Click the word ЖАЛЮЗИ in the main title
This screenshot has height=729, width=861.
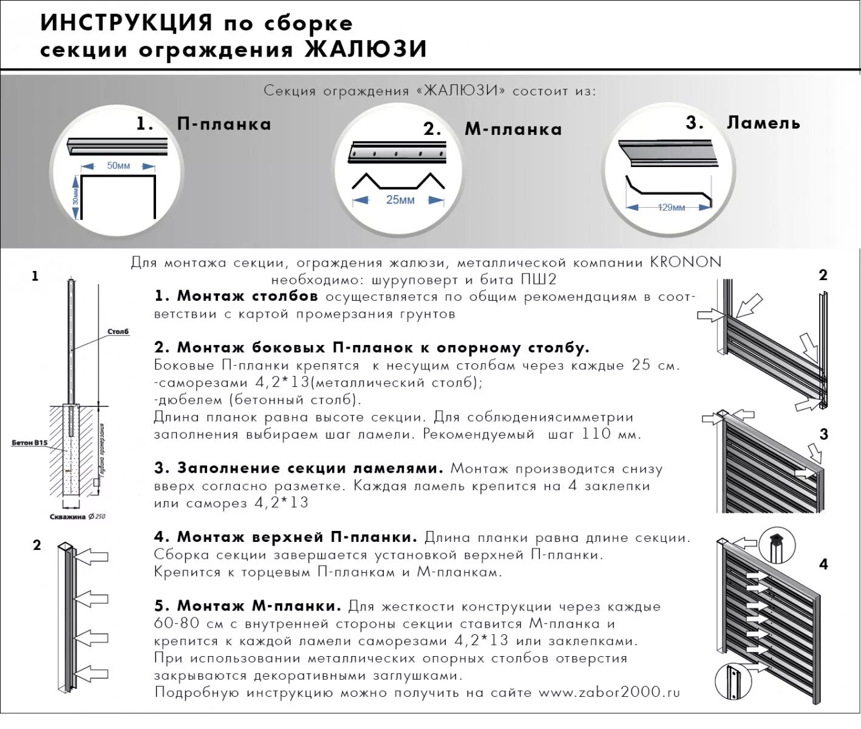click(x=366, y=50)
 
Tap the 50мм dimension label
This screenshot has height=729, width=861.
click(x=118, y=166)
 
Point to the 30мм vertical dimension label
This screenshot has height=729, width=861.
click(x=75, y=197)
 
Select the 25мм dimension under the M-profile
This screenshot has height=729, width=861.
click(x=400, y=200)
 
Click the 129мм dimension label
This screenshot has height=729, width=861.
click(x=671, y=208)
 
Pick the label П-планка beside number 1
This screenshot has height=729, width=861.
click(x=224, y=125)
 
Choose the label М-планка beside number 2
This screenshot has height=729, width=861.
click(x=513, y=129)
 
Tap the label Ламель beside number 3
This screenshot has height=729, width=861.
click(x=763, y=123)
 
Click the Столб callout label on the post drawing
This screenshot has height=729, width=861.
click(x=118, y=332)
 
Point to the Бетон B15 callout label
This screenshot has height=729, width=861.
click(x=29, y=443)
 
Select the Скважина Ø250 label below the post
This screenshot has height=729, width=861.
click(x=77, y=517)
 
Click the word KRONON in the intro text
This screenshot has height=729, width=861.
click(x=686, y=262)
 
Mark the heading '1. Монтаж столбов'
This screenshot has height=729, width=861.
click(x=236, y=296)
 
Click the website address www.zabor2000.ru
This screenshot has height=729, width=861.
click(x=609, y=693)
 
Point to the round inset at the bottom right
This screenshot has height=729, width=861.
click(x=733, y=682)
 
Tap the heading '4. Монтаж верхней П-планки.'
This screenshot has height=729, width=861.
click(x=285, y=538)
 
